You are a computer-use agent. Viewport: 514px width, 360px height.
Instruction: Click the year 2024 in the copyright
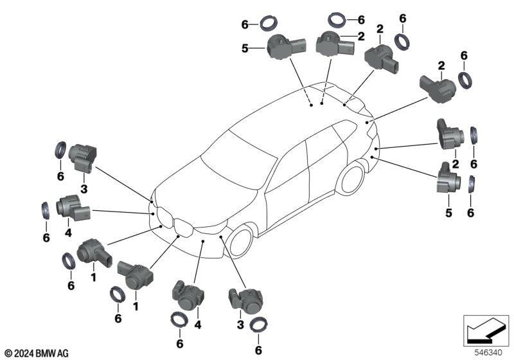coord(24,353)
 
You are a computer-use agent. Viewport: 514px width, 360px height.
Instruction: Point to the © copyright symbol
coord(9,354)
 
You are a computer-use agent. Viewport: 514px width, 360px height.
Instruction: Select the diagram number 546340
coord(488,353)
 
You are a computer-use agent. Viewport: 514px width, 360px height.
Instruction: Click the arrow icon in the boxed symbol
coord(485,331)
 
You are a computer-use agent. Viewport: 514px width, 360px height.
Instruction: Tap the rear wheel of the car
coord(352,179)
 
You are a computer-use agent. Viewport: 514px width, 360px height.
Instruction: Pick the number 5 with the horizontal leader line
coord(245,49)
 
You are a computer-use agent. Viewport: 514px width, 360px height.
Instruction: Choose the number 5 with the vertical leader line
coord(448,213)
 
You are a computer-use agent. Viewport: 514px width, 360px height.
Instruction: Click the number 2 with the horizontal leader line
coord(361,36)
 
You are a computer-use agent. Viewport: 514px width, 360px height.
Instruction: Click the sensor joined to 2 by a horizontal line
coord(334,44)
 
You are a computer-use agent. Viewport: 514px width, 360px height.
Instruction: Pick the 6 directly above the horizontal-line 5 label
coord(245,24)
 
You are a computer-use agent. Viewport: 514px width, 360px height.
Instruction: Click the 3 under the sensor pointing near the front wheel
coord(240,325)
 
